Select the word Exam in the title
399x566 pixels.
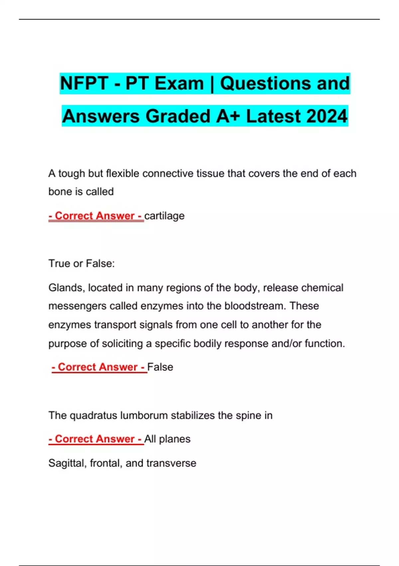point(179,83)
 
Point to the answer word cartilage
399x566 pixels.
point(164,216)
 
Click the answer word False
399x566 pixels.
point(160,367)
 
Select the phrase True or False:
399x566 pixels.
point(81,263)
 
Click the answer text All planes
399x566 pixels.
point(167,439)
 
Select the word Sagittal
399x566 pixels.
point(67,463)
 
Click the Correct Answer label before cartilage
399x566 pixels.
point(96,216)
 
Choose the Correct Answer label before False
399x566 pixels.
point(99,367)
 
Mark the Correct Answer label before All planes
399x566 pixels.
point(96,439)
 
